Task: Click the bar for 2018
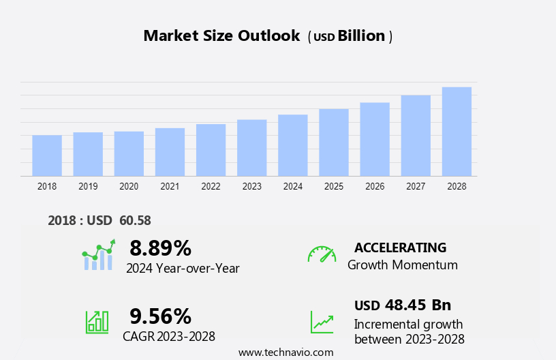47,155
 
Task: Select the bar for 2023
252,148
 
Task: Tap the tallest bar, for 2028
457,132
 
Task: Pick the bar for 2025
334,142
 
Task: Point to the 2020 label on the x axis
129,186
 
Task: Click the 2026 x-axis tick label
375,186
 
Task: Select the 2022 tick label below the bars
211,186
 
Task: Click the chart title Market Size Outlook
221,36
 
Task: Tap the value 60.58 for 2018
135,220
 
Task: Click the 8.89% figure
160,247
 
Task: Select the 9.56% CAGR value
160,316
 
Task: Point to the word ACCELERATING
400,247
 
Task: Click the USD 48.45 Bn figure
403,305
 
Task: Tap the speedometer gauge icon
322,254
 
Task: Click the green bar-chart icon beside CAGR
97,321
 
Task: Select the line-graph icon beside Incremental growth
322,322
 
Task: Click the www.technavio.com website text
285,352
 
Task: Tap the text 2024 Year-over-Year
183,269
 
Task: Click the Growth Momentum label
402,265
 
